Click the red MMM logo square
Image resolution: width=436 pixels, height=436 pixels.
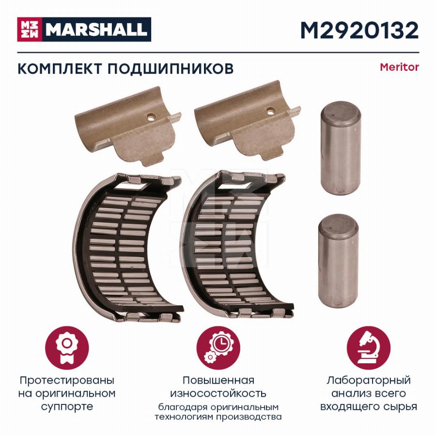(x=30, y=30)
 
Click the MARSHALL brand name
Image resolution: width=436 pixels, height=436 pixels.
(x=96, y=30)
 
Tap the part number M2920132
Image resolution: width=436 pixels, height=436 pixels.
(x=359, y=31)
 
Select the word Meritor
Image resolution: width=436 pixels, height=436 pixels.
(x=399, y=67)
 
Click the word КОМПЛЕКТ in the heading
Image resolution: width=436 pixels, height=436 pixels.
(x=59, y=69)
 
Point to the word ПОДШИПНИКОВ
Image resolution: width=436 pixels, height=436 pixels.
(x=171, y=69)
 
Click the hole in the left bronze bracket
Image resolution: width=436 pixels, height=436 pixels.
(x=151, y=118)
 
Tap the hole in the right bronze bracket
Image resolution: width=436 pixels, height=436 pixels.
(x=269, y=111)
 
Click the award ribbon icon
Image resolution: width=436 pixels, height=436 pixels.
(x=67, y=348)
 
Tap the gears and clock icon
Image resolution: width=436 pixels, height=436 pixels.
(x=218, y=348)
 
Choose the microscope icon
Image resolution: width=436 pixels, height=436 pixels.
(x=369, y=348)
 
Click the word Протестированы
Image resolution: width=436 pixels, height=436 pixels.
(x=67, y=380)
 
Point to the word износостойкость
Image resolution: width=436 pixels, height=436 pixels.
(x=218, y=393)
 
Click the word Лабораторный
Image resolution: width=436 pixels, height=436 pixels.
(x=369, y=380)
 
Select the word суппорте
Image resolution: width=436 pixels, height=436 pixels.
(x=67, y=407)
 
